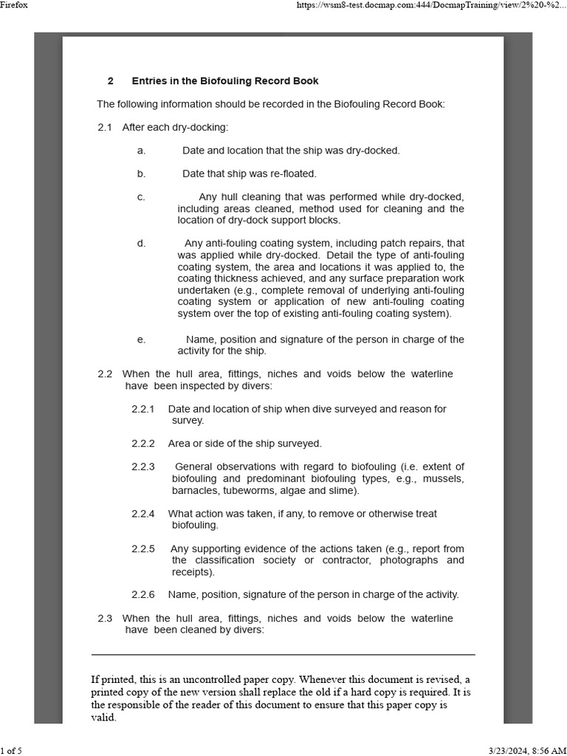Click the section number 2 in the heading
coord(110,80)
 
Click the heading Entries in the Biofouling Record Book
coord(225,80)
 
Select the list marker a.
coord(141,151)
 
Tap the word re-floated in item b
coord(290,174)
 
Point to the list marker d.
coord(141,244)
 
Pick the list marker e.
coord(141,340)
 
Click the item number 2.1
coord(104,127)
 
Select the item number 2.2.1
coord(143,409)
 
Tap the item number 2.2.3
coord(143,467)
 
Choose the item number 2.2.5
coord(143,549)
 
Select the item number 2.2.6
coord(143,594)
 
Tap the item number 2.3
coord(104,618)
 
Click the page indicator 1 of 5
coord(11,751)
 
